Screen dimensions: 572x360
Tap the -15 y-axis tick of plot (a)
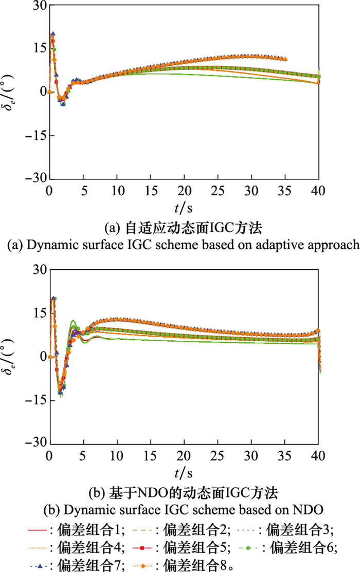pos(35,136)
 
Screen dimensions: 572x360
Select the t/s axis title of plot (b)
pos(184,472)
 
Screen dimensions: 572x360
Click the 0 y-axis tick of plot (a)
pos(41,92)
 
